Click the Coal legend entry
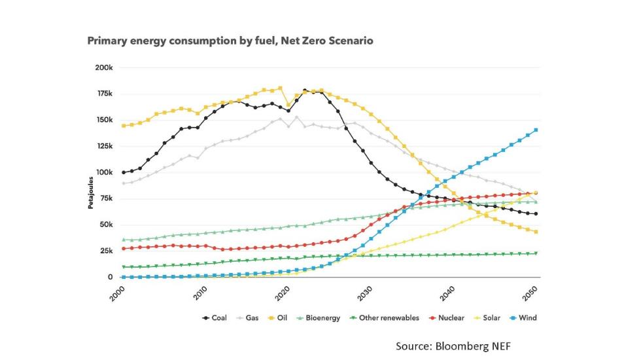(215, 318)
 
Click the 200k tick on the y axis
(105, 67)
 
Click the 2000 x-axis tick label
(116, 293)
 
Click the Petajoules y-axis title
(91, 194)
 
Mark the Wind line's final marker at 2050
(536, 130)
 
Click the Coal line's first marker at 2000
(123, 172)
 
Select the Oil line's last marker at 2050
(536, 232)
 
